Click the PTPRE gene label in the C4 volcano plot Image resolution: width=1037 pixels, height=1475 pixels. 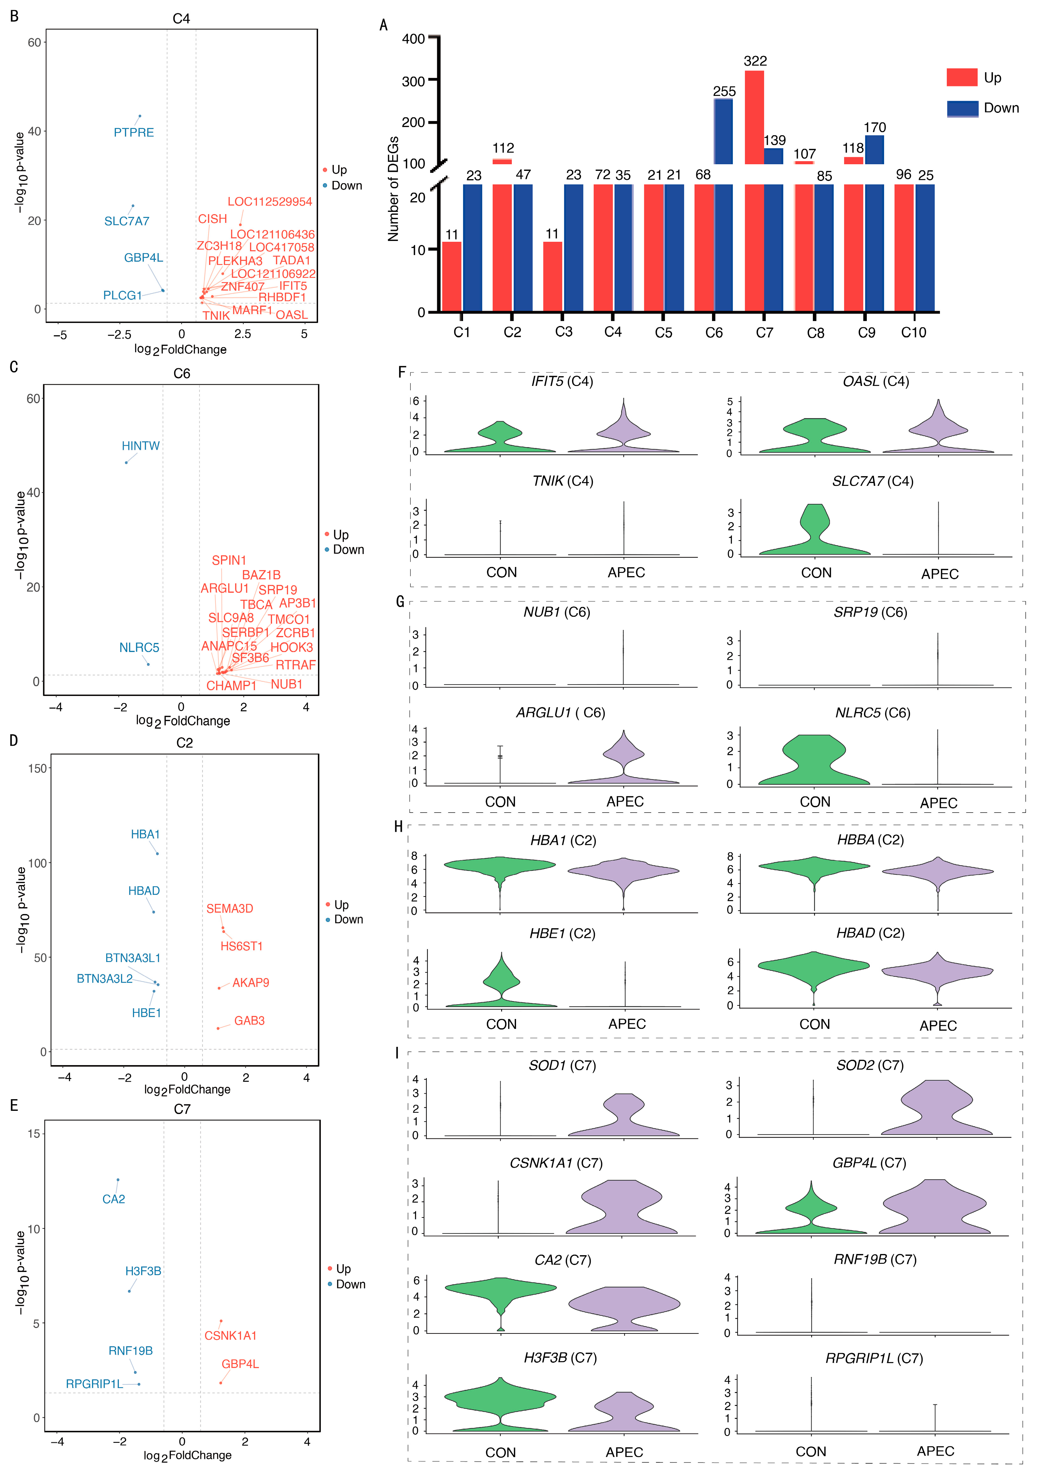(x=134, y=132)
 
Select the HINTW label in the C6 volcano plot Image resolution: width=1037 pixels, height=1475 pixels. (x=141, y=446)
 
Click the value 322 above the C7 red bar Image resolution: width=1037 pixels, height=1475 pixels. (x=755, y=61)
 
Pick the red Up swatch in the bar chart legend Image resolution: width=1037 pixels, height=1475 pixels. (x=961, y=78)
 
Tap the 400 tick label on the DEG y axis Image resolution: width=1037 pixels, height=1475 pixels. (x=414, y=39)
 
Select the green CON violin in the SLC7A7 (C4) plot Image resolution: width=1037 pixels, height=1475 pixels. (x=815, y=532)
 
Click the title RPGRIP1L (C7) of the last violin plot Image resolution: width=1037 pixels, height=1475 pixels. (x=874, y=1358)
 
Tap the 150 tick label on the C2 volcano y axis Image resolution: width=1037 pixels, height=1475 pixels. (x=37, y=768)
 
